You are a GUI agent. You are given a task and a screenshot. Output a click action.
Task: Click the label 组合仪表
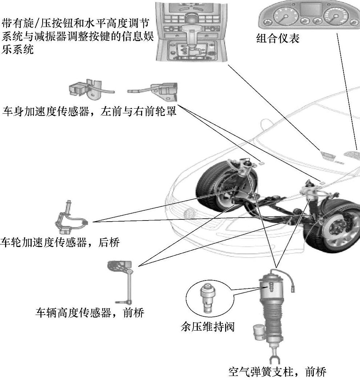coord(278,38)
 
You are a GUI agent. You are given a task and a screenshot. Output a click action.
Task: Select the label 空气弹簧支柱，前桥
coord(277,372)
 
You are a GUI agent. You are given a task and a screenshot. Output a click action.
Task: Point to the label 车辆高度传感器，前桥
coord(89,313)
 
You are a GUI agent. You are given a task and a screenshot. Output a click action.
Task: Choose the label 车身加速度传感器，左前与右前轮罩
coord(89,112)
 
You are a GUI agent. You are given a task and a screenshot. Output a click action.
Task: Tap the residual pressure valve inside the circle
coord(208,296)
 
